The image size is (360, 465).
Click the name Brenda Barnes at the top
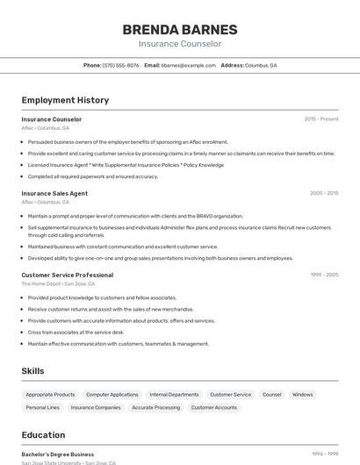(180, 29)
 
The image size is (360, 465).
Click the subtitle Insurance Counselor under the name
(180, 44)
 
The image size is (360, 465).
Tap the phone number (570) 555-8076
(120, 66)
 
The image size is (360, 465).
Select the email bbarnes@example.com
(188, 66)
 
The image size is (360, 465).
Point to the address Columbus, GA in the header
(260, 66)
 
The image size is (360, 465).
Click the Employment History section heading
(65, 100)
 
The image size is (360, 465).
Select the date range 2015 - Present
(320, 119)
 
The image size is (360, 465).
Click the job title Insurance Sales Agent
(54, 193)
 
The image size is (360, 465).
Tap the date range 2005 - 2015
(323, 193)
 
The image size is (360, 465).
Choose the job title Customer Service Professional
(68, 275)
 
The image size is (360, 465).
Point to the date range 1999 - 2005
(323, 275)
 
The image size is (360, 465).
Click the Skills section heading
(33, 371)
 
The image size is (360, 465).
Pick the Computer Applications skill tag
(112, 395)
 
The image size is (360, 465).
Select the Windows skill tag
(302, 395)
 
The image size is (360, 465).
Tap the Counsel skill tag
(272, 395)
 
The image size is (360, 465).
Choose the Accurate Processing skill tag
(155, 407)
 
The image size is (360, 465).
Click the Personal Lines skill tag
(43, 407)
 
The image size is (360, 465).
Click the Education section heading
(43, 435)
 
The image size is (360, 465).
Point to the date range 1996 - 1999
(323, 454)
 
